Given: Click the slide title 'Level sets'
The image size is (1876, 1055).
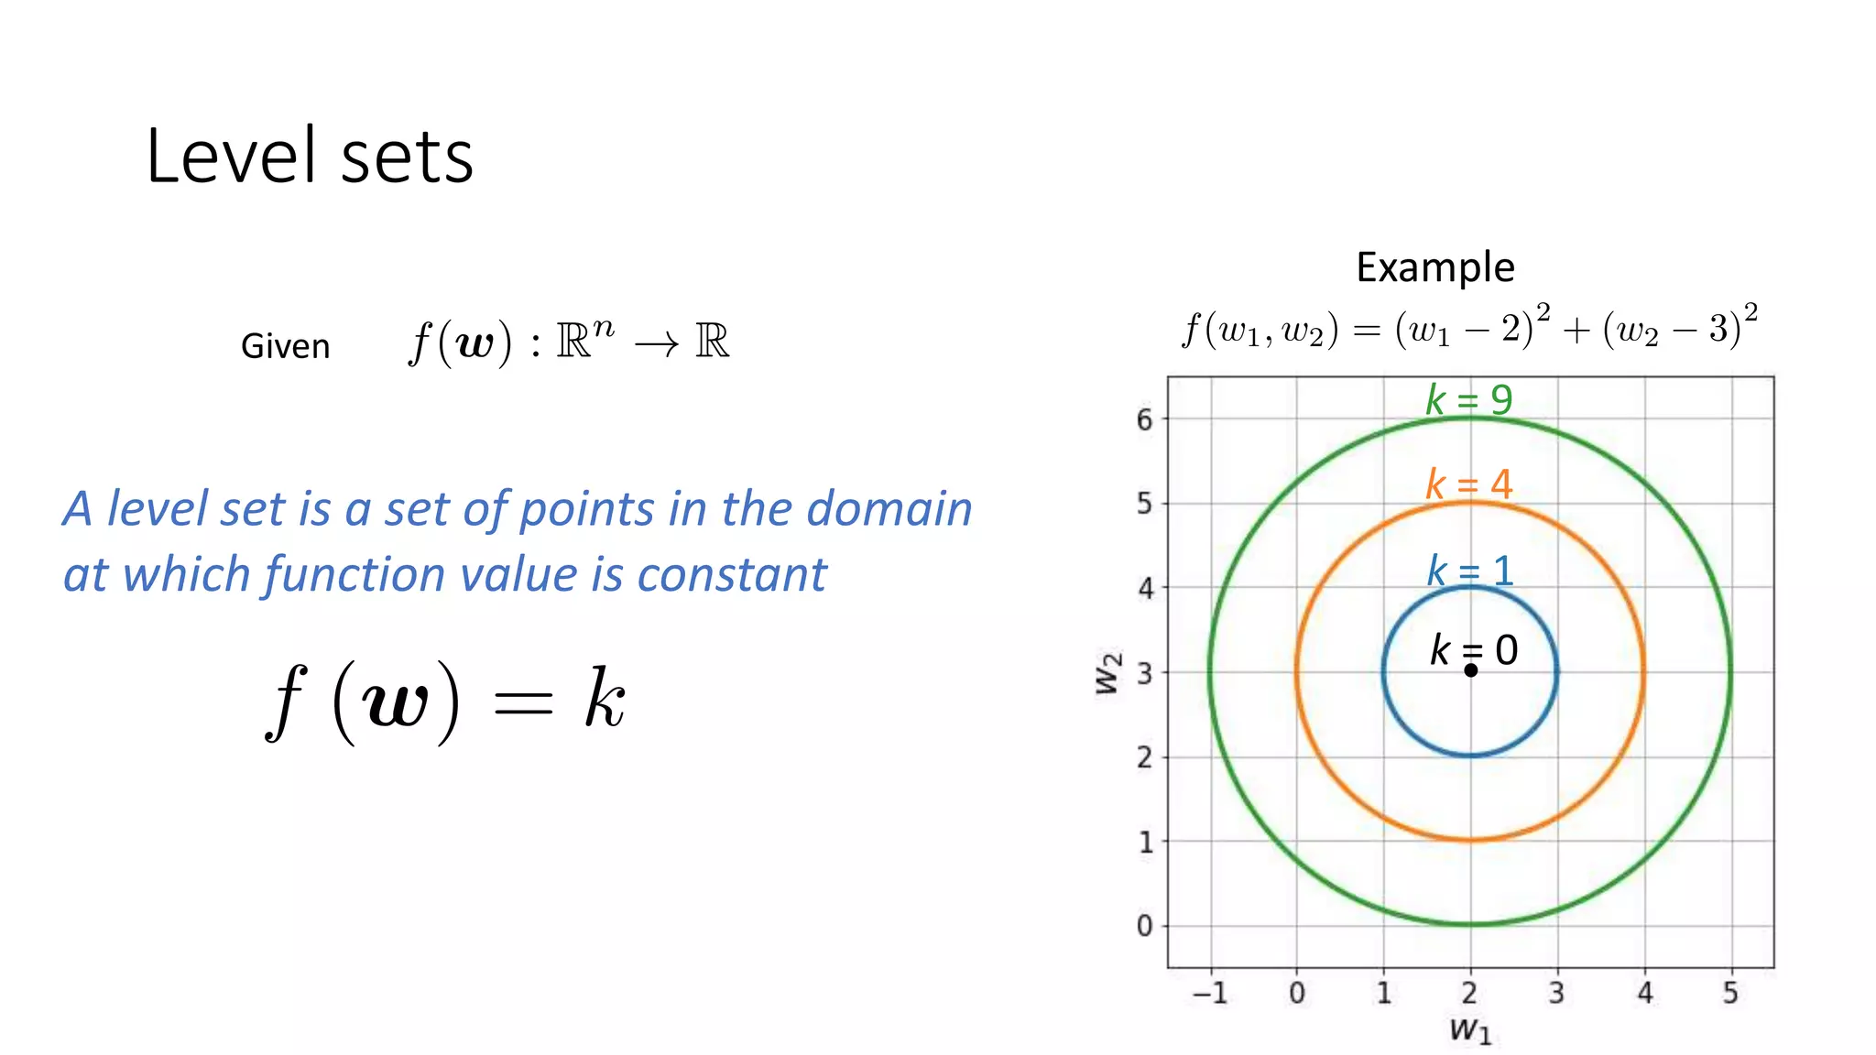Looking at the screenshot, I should pyautogui.click(x=310, y=157).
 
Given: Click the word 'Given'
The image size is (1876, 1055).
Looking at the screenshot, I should pyautogui.click(x=285, y=347).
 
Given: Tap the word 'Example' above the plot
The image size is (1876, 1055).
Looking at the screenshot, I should pyautogui.click(x=1434, y=267).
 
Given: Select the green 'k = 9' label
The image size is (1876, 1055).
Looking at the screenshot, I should pyautogui.click(x=1468, y=400).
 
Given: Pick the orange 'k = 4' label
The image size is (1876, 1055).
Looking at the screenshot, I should pyautogui.click(x=1468, y=484).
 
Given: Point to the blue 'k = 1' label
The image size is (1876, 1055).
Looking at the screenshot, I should pyautogui.click(x=1469, y=571).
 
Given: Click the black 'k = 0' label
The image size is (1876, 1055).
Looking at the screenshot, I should pyautogui.click(x=1473, y=650).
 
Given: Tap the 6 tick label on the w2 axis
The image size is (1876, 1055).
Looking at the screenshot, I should pyautogui.click(x=1145, y=420).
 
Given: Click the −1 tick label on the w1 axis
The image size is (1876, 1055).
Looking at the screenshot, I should pyautogui.click(x=1209, y=993).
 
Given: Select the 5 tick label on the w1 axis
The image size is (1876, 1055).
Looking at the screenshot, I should pyautogui.click(x=1730, y=993).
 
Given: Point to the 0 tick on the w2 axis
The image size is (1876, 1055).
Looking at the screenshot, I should pyautogui.click(x=1145, y=926).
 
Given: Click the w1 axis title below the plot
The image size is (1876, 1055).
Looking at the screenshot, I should pyautogui.click(x=1470, y=1031).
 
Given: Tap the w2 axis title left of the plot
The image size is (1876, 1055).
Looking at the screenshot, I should pyautogui.click(x=1108, y=673).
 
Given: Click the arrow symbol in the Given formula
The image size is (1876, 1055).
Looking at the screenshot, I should pyautogui.click(x=657, y=344).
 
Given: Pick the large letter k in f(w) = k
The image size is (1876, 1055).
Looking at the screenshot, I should pyautogui.click(x=605, y=699).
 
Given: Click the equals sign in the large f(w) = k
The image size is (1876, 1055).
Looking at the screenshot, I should pyautogui.click(x=522, y=703).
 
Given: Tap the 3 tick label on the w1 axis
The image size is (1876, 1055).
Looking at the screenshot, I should pyautogui.click(x=1556, y=993).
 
